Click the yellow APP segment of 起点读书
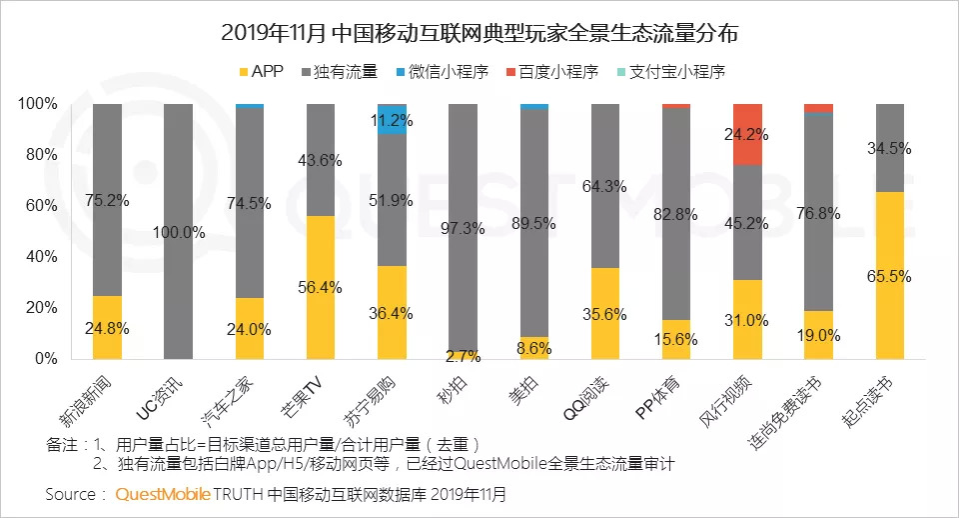[x=890, y=275]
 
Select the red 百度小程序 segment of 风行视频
[x=748, y=134]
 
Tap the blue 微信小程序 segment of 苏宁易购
[x=393, y=119]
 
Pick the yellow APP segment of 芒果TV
[x=321, y=287]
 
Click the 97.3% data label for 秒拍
[x=464, y=229]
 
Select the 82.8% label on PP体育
[x=677, y=215]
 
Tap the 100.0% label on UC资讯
[x=179, y=232]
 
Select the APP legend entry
[x=262, y=71]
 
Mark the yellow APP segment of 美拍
[x=534, y=348]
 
